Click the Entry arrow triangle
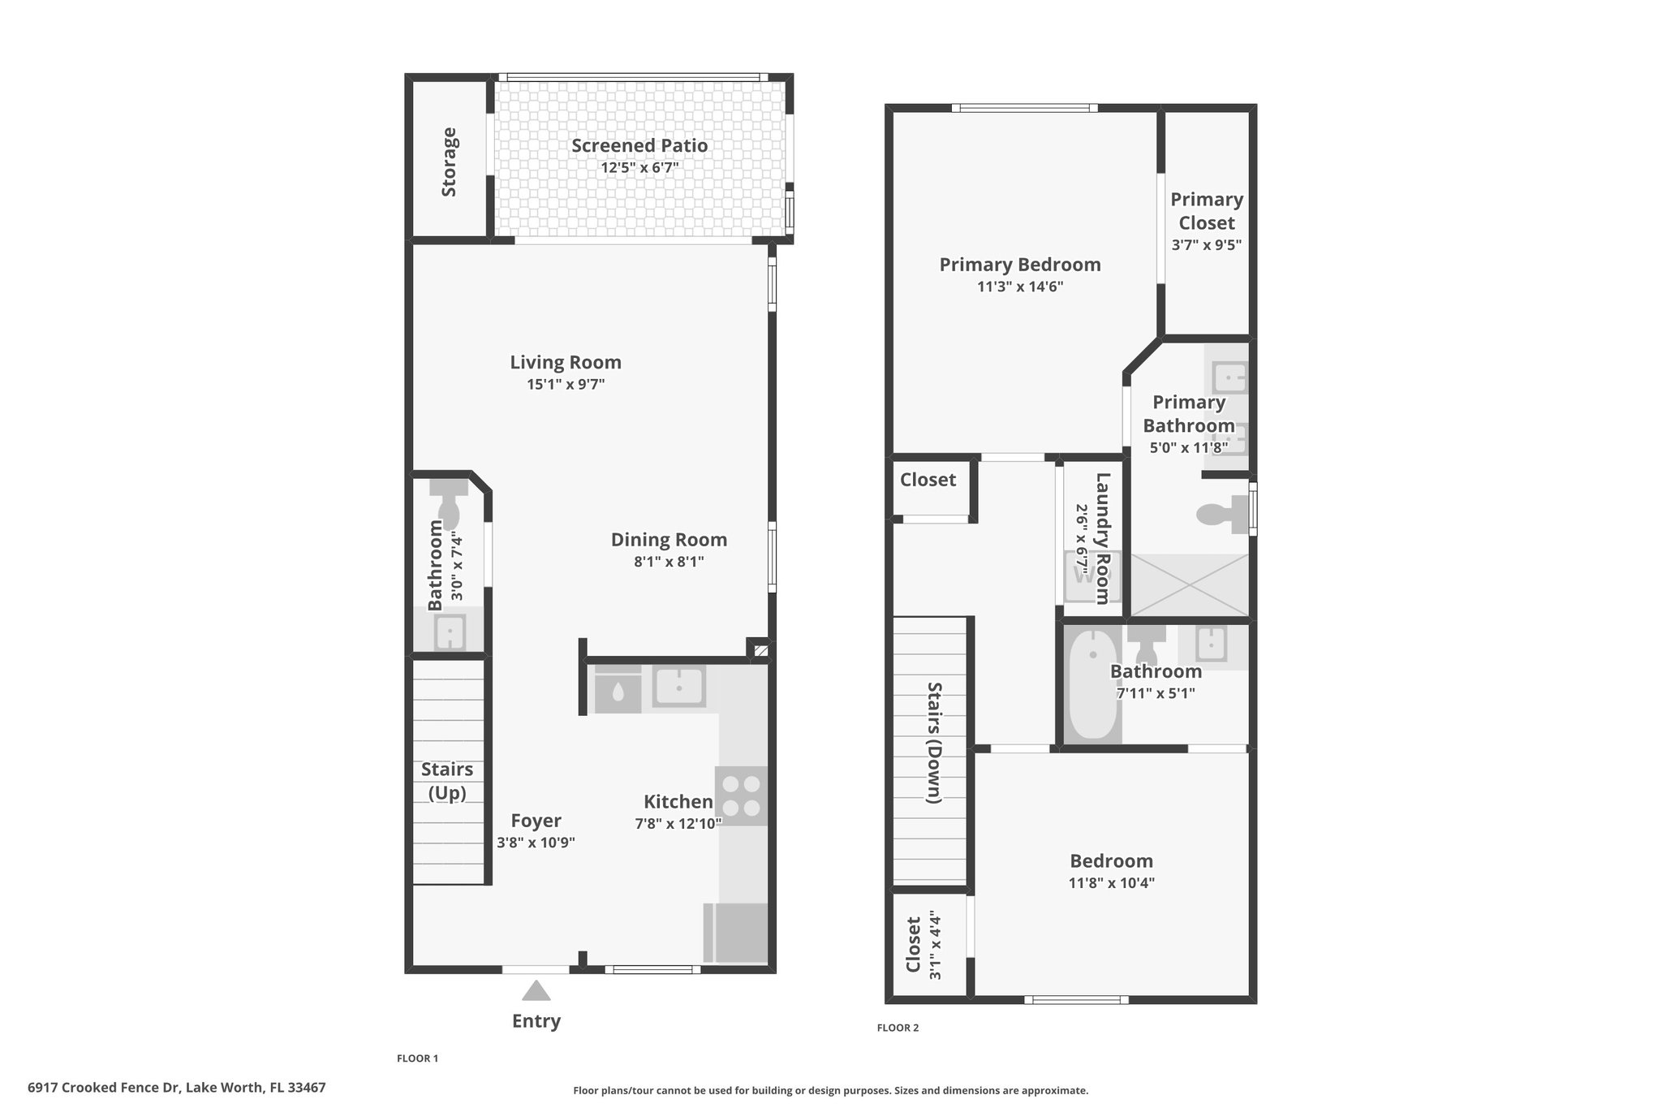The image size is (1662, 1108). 536,990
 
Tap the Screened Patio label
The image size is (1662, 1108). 639,145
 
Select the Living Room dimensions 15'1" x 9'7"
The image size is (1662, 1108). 566,384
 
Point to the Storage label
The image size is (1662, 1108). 449,162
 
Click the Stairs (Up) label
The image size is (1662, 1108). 447,781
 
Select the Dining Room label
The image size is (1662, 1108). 669,540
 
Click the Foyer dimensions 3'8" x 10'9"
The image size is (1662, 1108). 536,843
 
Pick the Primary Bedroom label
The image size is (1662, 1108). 1020,265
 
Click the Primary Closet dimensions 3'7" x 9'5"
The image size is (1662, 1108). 1207,244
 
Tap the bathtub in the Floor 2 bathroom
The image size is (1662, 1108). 1092,683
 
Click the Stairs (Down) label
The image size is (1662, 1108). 934,743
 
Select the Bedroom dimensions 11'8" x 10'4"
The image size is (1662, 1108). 1111,883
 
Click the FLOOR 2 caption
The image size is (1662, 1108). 898,1028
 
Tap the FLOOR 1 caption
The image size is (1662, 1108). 417,1058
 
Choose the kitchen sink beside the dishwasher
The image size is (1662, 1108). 679,687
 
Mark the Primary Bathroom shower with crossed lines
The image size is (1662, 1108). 1189,584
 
